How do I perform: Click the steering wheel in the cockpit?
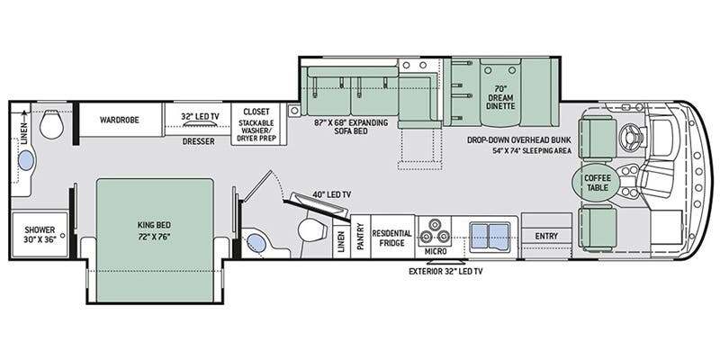tap(630, 135)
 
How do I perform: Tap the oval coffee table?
tap(596, 183)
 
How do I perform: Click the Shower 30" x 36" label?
tap(40, 234)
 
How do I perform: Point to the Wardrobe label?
tap(120, 120)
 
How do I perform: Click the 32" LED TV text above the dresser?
tap(200, 117)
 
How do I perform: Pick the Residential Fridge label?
tap(391, 238)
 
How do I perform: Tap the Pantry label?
tap(361, 237)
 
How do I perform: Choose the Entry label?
tap(546, 236)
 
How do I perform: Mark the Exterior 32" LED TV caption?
tap(445, 272)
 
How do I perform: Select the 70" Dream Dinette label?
tap(500, 98)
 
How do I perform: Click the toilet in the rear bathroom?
tap(51, 124)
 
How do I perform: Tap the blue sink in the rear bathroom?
tap(26, 161)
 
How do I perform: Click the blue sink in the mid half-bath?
tap(256, 243)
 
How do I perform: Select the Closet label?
tap(256, 112)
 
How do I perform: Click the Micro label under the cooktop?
tap(436, 251)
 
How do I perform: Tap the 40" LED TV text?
tap(331, 194)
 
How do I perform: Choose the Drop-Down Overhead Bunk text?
tap(519, 140)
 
